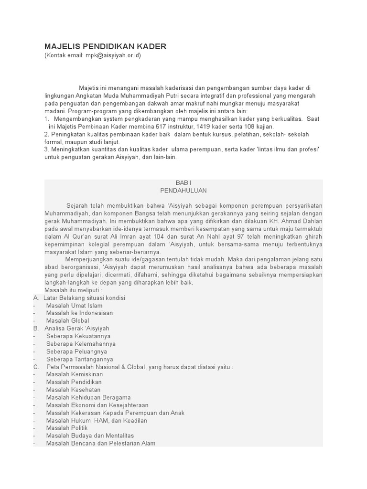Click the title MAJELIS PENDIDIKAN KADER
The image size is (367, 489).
tap(105, 46)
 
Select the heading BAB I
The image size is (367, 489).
tap(183, 183)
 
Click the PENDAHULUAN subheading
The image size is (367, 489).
tap(183, 191)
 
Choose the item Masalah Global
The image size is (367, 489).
tap(67, 321)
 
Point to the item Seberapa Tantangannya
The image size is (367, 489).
tap(80, 359)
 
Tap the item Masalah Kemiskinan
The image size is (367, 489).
tap(75, 374)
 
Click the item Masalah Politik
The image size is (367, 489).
tap(67, 428)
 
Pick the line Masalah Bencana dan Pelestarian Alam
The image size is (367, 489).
tap(101, 443)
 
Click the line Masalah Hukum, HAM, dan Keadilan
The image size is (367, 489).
tap(97, 420)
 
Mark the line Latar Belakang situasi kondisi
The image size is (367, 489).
tap(84, 298)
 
